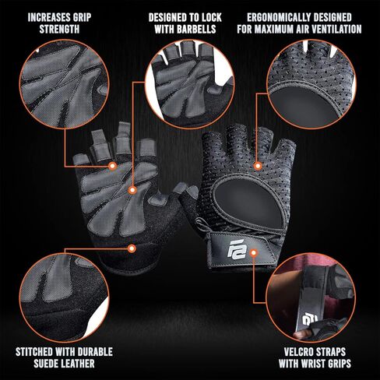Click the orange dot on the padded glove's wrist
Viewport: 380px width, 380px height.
click(x=132, y=248)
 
